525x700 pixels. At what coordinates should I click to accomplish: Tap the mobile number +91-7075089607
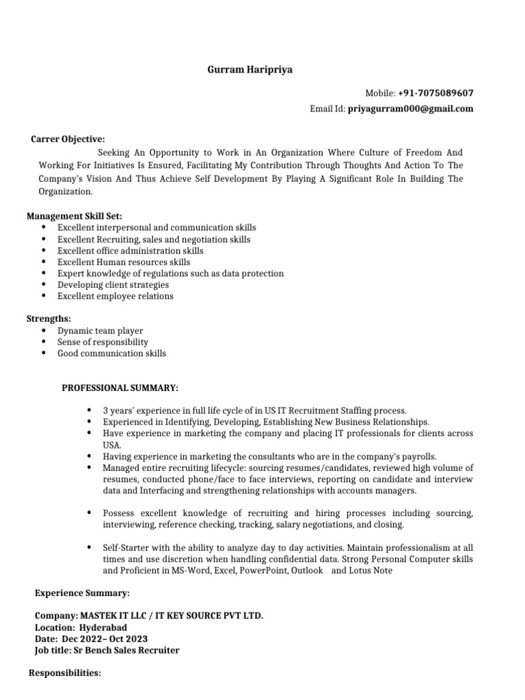(435, 93)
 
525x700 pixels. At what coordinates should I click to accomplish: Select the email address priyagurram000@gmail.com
(410, 109)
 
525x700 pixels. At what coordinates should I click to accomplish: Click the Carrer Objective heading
(68, 139)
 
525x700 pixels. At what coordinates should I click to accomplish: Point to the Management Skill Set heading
(75, 216)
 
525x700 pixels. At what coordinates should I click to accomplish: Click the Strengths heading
(49, 319)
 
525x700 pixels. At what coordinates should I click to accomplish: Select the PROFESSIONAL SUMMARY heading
(120, 388)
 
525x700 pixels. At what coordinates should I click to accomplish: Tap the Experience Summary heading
(82, 593)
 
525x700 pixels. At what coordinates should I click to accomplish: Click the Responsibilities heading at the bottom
(65, 673)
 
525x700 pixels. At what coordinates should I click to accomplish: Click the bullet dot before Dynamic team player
(44, 330)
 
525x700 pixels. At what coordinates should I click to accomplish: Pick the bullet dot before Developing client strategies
(44, 284)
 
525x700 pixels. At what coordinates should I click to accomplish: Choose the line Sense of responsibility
(103, 342)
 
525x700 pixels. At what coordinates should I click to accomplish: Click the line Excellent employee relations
(115, 296)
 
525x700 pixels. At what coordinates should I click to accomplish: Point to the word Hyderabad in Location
(103, 628)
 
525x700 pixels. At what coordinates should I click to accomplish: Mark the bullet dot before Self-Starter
(90, 548)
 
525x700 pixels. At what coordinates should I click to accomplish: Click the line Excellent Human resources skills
(124, 262)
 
